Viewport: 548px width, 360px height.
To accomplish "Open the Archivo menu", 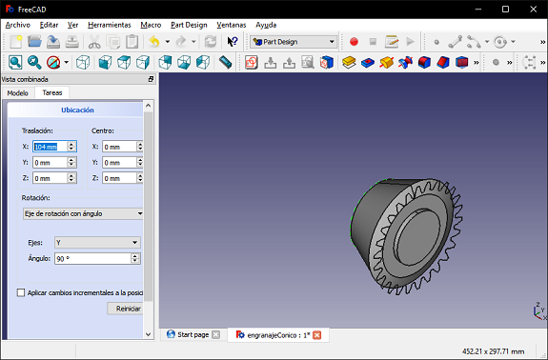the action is [x=18, y=25].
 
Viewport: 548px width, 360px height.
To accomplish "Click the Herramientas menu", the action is [x=109, y=25].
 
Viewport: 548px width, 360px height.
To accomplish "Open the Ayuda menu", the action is [x=266, y=25].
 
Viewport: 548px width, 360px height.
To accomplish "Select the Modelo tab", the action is [x=17, y=93].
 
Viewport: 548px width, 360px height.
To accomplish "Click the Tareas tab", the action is [x=52, y=92].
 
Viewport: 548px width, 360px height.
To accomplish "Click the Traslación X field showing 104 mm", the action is [x=50, y=147].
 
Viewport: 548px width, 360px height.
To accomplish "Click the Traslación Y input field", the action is [x=50, y=162].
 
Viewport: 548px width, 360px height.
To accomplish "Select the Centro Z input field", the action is [x=119, y=178].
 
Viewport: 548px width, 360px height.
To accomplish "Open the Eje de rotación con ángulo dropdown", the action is [x=83, y=213].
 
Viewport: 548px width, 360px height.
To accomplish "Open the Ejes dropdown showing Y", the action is [x=97, y=242].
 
